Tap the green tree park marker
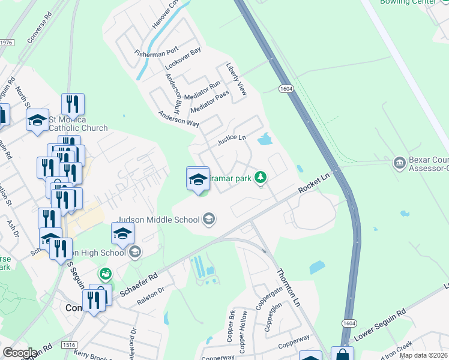point(260,177)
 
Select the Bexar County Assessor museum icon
point(400,163)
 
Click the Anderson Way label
point(178,118)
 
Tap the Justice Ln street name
point(232,140)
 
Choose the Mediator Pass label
point(209,103)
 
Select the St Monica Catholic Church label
point(78,123)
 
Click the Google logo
point(20,353)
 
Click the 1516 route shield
point(69,345)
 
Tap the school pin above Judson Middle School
point(197,179)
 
